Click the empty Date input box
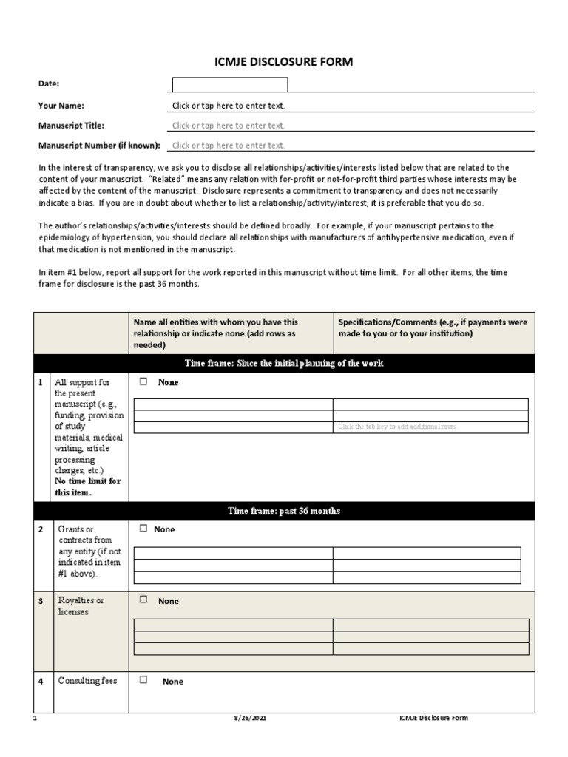(230, 84)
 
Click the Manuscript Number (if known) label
(99, 146)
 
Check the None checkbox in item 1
(143, 382)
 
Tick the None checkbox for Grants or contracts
(143, 529)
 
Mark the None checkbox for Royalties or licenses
(143, 600)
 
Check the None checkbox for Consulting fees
(143, 680)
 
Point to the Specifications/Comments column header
(433, 327)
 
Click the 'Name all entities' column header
(215, 333)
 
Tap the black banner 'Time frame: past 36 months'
(284, 511)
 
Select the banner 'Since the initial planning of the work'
(284, 364)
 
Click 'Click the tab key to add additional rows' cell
(398, 427)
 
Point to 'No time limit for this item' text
(88, 486)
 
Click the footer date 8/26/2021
(247, 718)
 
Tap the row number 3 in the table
(41, 601)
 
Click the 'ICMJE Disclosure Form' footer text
(433, 718)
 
